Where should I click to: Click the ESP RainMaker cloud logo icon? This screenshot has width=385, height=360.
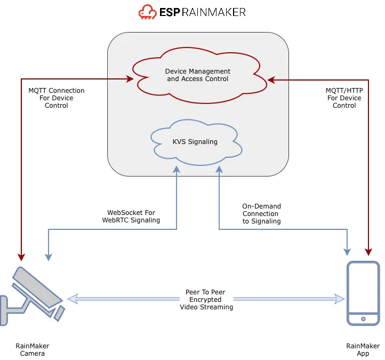pyautogui.click(x=148, y=12)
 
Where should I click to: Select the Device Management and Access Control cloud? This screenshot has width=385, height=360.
pyautogui.click(x=198, y=75)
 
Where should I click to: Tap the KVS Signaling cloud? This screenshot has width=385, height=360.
pyautogui.click(x=195, y=142)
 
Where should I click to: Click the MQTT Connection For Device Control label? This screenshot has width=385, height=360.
pyautogui.click(x=57, y=98)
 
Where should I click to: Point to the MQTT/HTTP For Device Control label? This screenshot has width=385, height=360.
pyautogui.click(x=344, y=98)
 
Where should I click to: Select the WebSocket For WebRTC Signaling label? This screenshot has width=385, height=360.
pyautogui.click(x=131, y=217)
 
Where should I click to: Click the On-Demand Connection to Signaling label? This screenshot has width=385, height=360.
pyautogui.click(x=261, y=213)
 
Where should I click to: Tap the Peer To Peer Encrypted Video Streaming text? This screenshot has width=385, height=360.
pyautogui.click(x=205, y=300)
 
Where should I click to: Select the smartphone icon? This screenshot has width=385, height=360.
pyautogui.click(x=363, y=293)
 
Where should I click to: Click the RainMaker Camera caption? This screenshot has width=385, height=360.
pyautogui.click(x=33, y=350)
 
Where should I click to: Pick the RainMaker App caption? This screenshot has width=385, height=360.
pyautogui.click(x=363, y=350)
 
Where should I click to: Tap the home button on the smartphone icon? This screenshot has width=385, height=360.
pyautogui.click(x=363, y=319)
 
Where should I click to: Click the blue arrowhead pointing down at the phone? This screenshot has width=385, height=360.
pyautogui.click(x=348, y=251)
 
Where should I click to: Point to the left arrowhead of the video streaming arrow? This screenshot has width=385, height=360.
pyautogui.click(x=71, y=299)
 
